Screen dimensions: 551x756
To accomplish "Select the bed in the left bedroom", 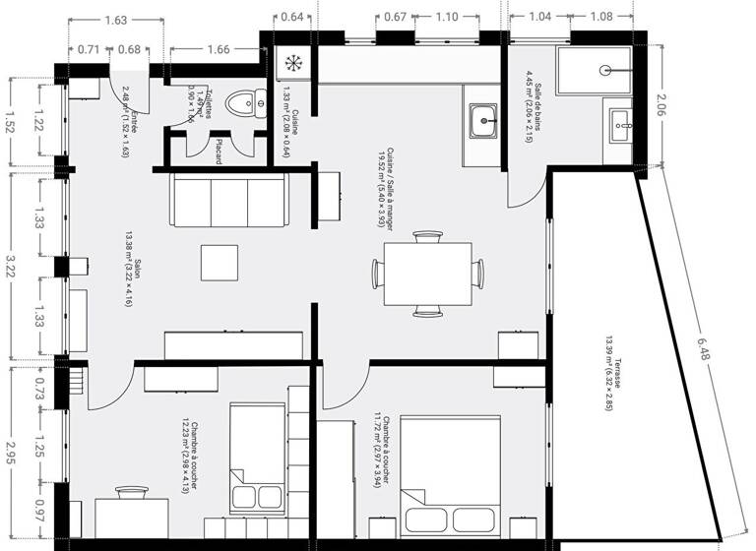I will [257, 454].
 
